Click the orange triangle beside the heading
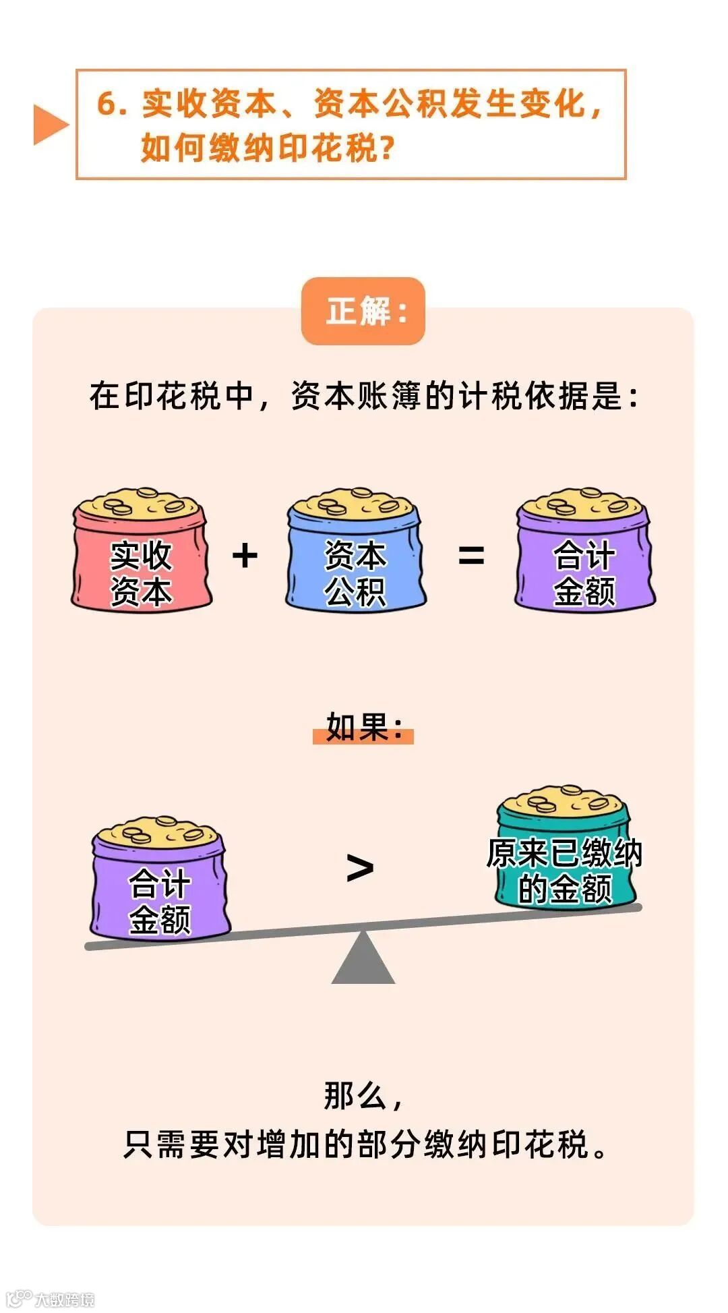click(49, 125)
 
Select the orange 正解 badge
click(363, 312)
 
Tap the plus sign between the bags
click(245, 556)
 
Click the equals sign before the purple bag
click(471, 556)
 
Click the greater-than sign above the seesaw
click(360, 868)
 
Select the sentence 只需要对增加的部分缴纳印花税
click(364, 1144)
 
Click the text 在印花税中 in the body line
click(171, 396)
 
